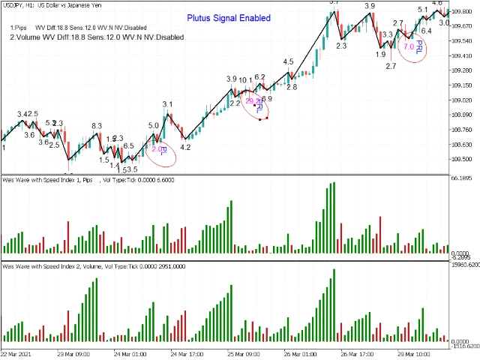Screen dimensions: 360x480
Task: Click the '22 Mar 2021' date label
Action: (x=16, y=352)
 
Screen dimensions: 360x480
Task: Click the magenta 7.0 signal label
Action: (x=409, y=46)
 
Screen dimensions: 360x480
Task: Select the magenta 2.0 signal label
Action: (x=159, y=149)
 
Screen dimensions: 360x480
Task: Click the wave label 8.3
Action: (x=97, y=126)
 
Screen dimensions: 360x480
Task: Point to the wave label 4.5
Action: (x=288, y=61)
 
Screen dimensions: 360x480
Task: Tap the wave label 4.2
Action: (x=185, y=148)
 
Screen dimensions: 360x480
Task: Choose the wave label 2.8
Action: (x=291, y=87)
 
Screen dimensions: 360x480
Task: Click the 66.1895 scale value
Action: (x=460, y=178)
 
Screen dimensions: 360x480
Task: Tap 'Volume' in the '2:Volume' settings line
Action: (x=28, y=35)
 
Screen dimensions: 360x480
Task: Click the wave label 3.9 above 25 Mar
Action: (x=232, y=79)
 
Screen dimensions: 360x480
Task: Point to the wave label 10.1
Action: (x=246, y=81)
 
